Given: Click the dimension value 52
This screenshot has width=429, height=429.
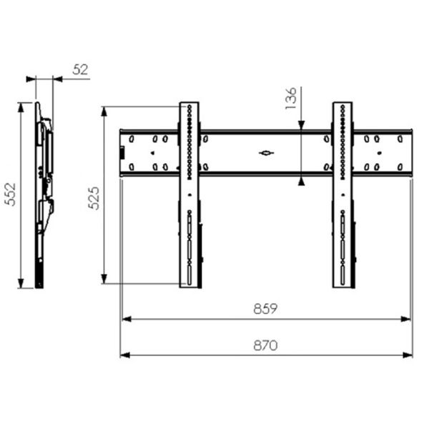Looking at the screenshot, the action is (x=80, y=69).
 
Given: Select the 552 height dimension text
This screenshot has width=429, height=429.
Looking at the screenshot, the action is (x=11, y=194).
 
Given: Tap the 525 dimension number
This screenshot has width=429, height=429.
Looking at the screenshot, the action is (x=94, y=198).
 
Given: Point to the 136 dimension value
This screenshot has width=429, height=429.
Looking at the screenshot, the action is (x=291, y=98).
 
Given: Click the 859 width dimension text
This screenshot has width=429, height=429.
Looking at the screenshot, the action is (x=265, y=309).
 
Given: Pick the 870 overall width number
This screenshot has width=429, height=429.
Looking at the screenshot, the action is (x=265, y=345).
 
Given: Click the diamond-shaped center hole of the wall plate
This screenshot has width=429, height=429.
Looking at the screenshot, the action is (x=266, y=153).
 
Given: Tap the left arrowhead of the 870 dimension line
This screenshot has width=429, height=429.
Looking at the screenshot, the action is (x=125, y=355).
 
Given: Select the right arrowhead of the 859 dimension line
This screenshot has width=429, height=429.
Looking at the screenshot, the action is (x=405, y=319).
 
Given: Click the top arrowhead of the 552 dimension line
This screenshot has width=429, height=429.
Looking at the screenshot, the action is (x=21, y=107).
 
